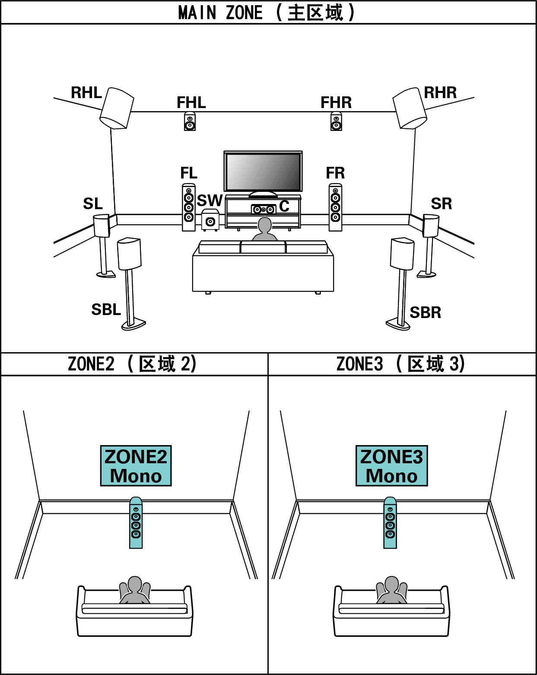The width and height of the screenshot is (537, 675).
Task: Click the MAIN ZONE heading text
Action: click(x=267, y=13)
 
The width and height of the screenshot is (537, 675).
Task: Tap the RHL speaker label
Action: click(x=86, y=92)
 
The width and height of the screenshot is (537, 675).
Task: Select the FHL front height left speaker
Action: click(x=190, y=121)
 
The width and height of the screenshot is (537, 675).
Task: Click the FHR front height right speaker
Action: click(x=336, y=121)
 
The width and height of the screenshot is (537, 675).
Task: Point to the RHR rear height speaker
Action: click(x=409, y=108)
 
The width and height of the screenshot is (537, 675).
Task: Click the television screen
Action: click(x=263, y=172)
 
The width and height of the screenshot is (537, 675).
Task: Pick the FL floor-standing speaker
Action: click(x=189, y=207)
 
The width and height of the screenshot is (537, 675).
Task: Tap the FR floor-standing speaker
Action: click(x=335, y=207)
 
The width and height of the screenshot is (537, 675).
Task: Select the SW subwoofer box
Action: click(x=210, y=220)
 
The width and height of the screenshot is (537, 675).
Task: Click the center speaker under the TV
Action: click(x=264, y=210)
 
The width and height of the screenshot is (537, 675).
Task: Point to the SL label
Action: click(x=93, y=204)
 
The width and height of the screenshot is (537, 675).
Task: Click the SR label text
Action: click(x=441, y=204)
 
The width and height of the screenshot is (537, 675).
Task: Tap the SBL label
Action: click(x=106, y=310)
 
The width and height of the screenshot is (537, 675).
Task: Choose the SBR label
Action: click(x=425, y=312)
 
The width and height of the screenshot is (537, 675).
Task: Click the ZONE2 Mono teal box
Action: click(x=136, y=466)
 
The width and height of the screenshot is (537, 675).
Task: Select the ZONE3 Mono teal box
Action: click(x=391, y=466)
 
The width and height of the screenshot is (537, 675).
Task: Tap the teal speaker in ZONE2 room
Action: click(x=136, y=523)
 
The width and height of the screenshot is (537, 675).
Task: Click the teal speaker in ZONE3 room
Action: click(x=390, y=523)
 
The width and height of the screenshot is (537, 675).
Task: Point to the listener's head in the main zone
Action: click(x=264, y=225)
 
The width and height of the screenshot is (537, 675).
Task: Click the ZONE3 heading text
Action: click(x=401, y=364)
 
